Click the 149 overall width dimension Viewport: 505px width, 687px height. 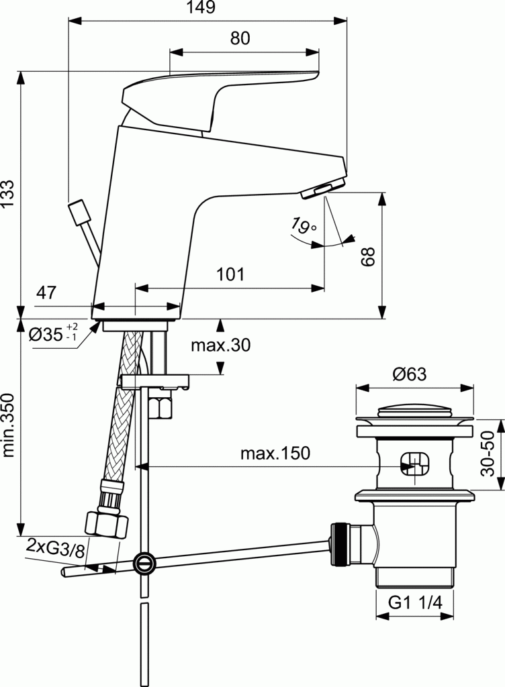(201, 8)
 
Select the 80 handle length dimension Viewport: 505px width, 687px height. (240, 38)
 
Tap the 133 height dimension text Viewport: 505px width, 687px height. (9, 195)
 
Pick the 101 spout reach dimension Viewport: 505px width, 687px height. (230, 274)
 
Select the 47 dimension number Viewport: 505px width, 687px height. (46, 293)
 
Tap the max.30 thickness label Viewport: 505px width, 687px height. (220, 346)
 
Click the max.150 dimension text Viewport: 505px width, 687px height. (275, 454)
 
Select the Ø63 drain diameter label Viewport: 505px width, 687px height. (410, 374)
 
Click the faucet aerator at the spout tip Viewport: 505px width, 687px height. (322, 190)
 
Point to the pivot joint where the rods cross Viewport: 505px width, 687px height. (143, 562)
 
